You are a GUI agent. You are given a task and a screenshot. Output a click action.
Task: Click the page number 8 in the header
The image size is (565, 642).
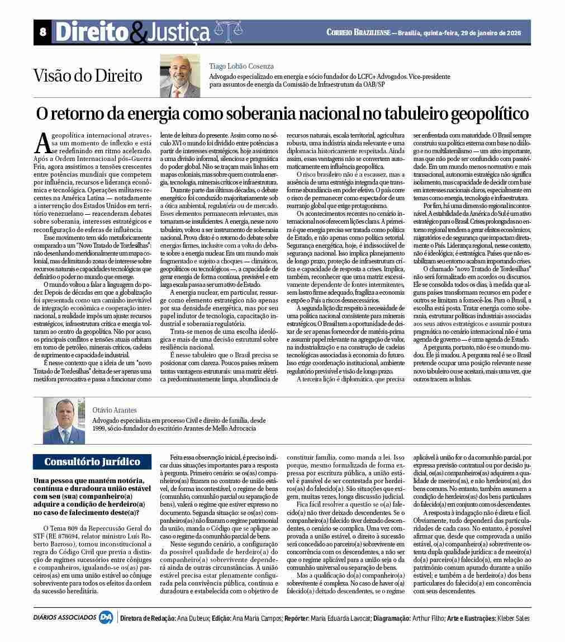click(x=42, y=32)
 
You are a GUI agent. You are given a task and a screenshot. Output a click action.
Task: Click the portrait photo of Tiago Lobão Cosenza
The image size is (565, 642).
click(x=179, y=75)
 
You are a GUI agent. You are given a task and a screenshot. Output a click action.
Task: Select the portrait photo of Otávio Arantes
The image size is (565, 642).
click(x=64, y=421)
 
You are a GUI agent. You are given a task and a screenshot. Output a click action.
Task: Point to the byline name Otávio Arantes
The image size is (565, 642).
click(x=115, y=410)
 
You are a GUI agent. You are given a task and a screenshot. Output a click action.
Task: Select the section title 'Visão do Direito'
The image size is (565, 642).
click(x=88, y=75)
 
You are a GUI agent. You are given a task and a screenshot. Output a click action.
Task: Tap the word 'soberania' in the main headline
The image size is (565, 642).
click(x=268, y=114)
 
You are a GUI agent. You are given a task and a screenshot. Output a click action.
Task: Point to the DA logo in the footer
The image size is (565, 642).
click(x=106, y=618)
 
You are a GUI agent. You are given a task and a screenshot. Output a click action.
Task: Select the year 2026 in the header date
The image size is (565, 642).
click(x=512, y=32)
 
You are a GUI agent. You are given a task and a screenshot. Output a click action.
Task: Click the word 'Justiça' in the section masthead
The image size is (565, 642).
click(x=177, y=33)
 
